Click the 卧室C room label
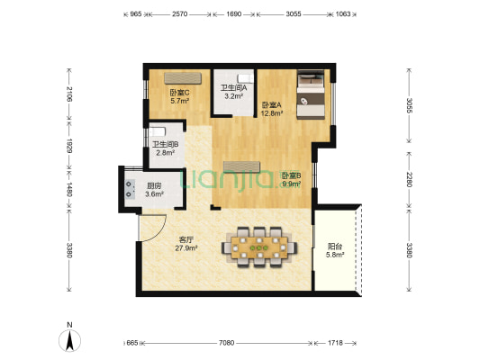[x=180, y=92]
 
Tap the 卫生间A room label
[x=234, y=88]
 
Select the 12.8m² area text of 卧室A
[x=272, y=113]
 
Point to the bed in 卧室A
[x=311, y=94]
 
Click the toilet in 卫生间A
[x=246, y=78]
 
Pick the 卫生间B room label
[x=166, y=144]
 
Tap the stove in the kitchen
[x=130, y=189]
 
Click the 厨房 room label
[x=154, y=185]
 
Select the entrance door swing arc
[x=157, y=232]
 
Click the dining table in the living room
[x=259, y=247]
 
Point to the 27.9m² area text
[x=186, y=248]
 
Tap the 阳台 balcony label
[x=335, y=247]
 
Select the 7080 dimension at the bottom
[x=226, y=343]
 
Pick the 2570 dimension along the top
[x=180, y=13]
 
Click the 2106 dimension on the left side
[x=69, y=94]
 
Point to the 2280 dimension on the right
[x=409, y=179]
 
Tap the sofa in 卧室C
[x=183, y=78]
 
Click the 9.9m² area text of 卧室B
[x=292, y=184]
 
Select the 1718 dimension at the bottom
[x=335, y=343]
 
